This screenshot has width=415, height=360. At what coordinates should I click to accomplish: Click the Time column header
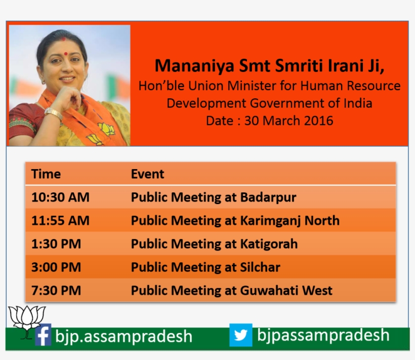46,174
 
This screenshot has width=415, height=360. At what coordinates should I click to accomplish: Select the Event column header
148,174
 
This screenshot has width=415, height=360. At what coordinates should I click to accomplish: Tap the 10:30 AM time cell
60,197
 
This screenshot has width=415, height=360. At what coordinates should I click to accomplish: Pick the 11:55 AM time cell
60,221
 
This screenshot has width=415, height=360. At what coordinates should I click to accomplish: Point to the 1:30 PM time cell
56,244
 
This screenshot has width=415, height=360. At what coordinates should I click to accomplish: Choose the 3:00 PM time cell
56,267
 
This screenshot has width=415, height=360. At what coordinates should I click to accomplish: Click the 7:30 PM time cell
56,291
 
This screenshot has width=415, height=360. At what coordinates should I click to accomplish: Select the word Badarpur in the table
268,197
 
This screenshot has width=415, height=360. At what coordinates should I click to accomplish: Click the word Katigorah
269,244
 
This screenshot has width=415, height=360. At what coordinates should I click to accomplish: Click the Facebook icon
43,335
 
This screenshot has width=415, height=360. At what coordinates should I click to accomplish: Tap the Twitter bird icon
240,335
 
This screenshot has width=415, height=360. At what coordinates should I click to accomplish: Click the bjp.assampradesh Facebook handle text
124,337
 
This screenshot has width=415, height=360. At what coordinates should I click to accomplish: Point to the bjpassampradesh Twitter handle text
323,335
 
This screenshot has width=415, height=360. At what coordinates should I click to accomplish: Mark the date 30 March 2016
288,121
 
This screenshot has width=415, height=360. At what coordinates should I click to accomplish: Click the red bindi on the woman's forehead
64,38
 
